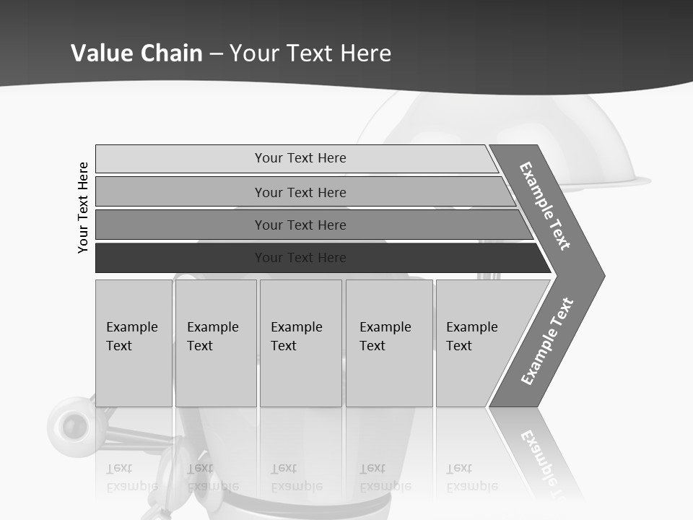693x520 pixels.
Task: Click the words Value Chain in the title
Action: point(136,53)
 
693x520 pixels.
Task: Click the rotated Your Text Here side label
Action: point(84,207)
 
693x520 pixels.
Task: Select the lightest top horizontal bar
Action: point(180,159)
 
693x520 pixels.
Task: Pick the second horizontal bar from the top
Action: point(180,192)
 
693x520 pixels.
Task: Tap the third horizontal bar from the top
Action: point(180,225)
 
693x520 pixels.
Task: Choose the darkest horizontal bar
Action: point(180,258)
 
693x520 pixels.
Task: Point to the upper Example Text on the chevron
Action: point(545,206)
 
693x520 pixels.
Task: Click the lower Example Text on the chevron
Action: point(546,342)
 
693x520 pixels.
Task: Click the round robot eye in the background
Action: point(71,424)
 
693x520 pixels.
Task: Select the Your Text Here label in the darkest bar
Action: point(300,258)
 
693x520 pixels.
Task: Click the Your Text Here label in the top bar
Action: point(300,158)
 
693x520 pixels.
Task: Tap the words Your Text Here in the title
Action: point(310,53)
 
